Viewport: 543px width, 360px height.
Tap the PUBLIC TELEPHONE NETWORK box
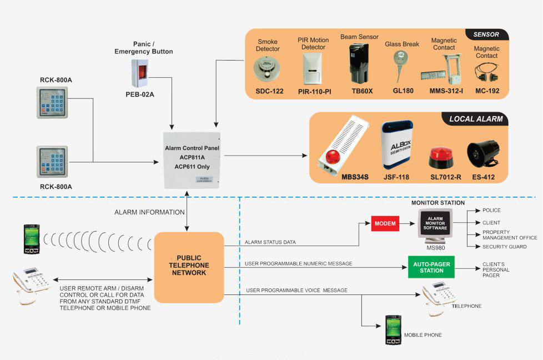tap(189, 266)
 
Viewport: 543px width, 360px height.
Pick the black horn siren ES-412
tap(482, 154)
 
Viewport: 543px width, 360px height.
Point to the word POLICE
tap(491, 211)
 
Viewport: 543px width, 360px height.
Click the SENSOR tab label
tap(486, 34)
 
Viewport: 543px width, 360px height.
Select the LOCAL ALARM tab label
tap(476, 118)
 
